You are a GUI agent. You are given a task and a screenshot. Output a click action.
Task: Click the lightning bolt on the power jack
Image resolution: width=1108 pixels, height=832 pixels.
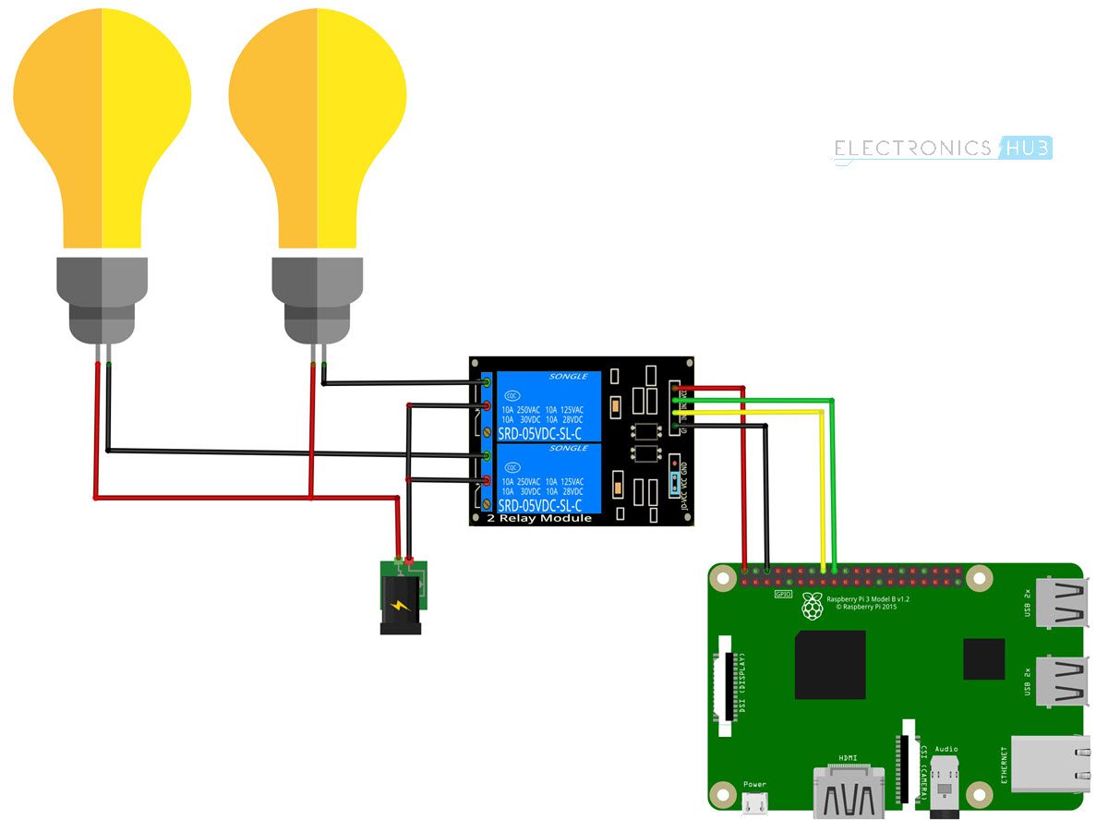point(399,607)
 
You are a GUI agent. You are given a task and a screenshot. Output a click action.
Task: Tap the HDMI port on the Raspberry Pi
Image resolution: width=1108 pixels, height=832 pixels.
point(848,792)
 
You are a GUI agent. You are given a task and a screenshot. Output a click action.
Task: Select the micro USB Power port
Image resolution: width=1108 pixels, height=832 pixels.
point(754,803)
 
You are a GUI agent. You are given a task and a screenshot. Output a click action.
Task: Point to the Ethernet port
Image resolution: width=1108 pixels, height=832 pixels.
point(1049,764)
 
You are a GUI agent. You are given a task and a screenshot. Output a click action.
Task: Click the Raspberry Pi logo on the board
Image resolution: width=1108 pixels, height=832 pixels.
point(813,607)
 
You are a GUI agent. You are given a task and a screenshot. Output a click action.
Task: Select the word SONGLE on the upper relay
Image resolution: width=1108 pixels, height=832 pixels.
point(567,378)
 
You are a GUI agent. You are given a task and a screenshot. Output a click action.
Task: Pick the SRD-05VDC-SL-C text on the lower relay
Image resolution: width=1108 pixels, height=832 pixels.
point(539,506)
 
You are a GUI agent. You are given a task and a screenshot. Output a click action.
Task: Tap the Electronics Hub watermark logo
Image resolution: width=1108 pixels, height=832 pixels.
point(943,149)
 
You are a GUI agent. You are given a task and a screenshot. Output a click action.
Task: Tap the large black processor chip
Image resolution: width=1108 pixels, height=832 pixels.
point(830,665)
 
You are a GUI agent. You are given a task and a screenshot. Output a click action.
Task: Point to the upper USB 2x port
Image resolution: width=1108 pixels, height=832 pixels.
point(1063,602)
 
